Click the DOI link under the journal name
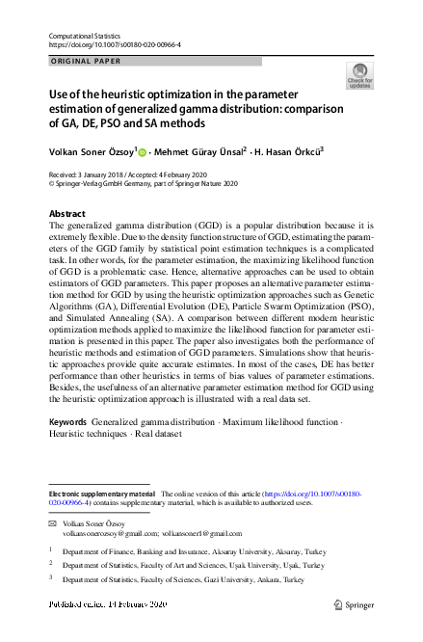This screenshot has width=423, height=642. click(114, 44)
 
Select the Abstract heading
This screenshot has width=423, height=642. click(66, 213)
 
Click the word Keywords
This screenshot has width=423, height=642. click(71, 423)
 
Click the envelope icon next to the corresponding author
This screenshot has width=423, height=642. click(53, 523)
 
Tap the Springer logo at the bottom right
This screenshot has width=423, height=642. click(354, 604)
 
